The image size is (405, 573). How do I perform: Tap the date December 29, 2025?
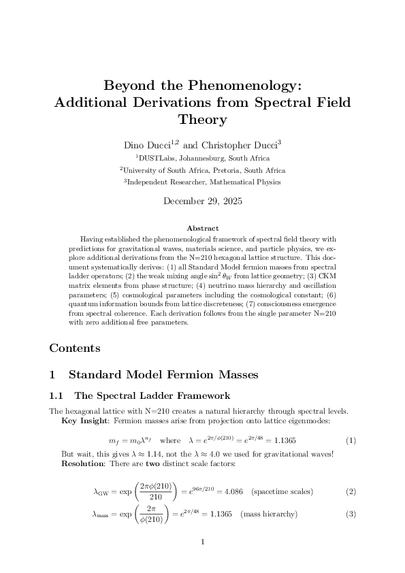click(x=202, y=201)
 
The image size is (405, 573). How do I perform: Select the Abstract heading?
click(x=202, y=228)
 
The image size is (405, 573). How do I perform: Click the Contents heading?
click(x=75, y=348)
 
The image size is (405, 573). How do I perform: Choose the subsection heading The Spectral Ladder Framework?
click(x=152, y=395)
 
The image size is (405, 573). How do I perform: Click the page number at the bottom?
click(x=202, y=542)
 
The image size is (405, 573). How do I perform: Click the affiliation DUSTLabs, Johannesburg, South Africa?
click(x=202, y=158)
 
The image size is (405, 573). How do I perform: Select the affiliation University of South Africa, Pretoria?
click(x=202, y=170)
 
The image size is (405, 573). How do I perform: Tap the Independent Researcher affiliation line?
click(x=202, y=182)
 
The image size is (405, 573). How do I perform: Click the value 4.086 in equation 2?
click(x=233, y=491)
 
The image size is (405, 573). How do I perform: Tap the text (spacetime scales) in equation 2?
click(x=282, y=491)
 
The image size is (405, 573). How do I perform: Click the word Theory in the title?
click(x=202, y=120)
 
